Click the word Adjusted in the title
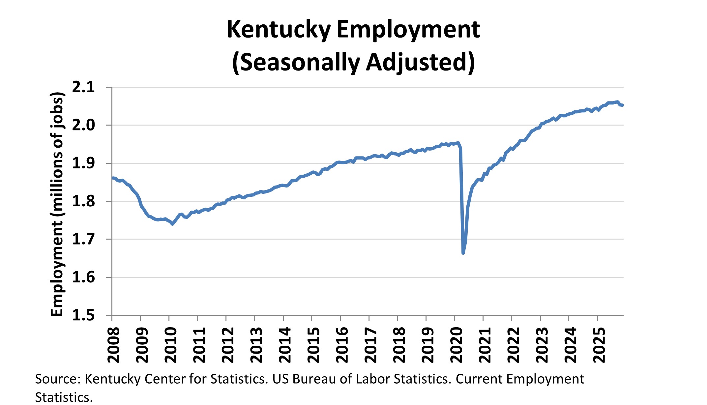point(420,62)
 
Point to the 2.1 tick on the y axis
point(83,87)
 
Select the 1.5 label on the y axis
point(83,315)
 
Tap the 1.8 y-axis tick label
point(83,201)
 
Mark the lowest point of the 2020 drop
point(463,253)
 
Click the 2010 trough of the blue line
point(172,224)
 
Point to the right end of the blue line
point(622,105)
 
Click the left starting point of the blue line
point(112,178)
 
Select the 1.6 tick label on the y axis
point(83,277)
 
